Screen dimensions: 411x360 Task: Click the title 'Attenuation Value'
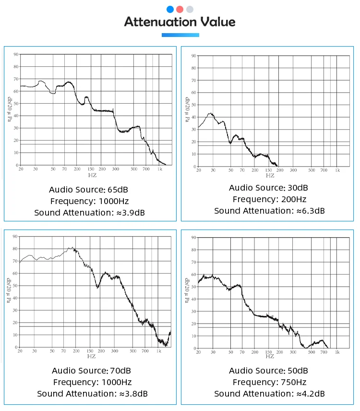tap(180, 22)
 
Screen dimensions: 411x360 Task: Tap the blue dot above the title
tap(170, 9)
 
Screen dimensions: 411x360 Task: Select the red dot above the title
tap(180, 9)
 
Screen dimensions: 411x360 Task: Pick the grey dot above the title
tap(190, 9)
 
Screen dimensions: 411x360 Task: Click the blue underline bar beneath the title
tap(180, 35)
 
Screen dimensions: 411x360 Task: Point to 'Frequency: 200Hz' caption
tap(269, 199)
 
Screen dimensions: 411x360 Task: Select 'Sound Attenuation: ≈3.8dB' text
tap(92, 394)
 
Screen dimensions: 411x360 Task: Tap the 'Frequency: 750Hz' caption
tap(269, 382)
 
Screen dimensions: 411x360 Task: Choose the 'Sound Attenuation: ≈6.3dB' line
tap(269, 211)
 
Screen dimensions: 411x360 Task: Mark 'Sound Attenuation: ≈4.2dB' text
tap(269, 394)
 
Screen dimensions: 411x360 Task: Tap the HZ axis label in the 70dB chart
tap(91, 356)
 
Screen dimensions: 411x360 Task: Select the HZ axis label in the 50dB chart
tap(269, 356)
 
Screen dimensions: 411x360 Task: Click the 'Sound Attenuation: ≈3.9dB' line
tap(89, 212)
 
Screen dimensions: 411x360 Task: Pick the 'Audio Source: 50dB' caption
tap(268, 371)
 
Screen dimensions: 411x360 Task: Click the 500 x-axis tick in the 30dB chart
tap(312, 170)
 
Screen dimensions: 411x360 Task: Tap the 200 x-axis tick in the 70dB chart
tap(101, 351)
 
